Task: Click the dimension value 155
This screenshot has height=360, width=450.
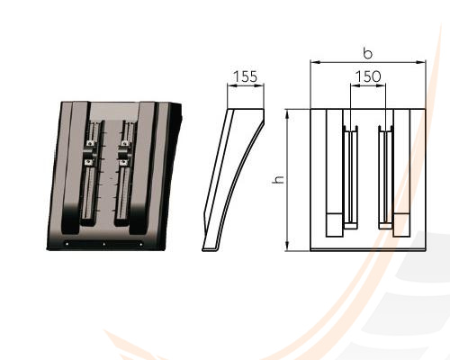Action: [x=246, y=76]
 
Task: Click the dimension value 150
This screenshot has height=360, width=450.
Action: [x=368, y=76]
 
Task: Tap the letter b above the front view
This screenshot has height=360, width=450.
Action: [x=367, y=53]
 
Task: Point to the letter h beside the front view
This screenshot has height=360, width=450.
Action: [x=278, y=179]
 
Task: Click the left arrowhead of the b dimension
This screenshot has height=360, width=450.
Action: [x=314, y=62]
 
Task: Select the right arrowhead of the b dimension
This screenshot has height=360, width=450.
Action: [x=421, y=62]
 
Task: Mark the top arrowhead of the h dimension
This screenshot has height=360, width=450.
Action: [x=287, y=113]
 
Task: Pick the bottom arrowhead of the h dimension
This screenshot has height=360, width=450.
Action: [x=287, y=247]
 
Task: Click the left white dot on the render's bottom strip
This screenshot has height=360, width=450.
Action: [x=67, y=244]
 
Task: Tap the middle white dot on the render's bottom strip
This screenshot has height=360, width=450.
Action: [x=104, y=244]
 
